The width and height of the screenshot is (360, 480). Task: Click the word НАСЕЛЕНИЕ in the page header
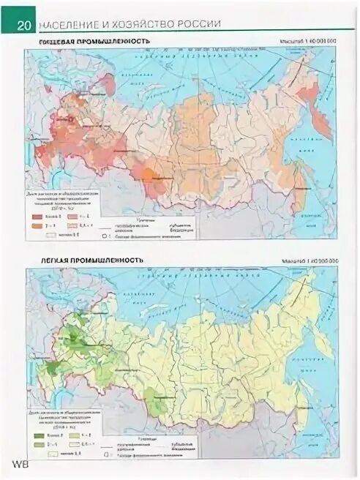click(68, 25)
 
